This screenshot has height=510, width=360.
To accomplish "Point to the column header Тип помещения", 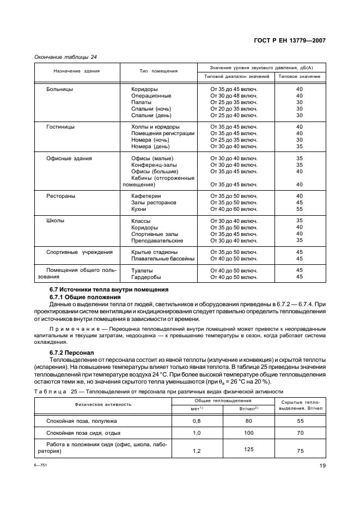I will click(158, 71).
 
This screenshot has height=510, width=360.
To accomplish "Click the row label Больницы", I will click(60, 89).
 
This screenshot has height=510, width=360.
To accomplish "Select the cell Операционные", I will click(151, 95).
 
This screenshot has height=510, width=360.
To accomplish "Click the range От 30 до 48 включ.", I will click(234, 95).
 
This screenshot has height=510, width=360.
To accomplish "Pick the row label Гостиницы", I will click(61, 127).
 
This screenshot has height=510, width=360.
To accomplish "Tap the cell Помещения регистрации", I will click(162, 133).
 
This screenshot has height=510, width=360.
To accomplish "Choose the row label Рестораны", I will click(61, 196).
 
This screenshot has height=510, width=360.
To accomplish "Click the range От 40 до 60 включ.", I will click(234, 209).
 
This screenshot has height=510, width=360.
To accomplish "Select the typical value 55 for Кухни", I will click(299, 209).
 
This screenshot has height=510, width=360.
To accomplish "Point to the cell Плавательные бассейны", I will click(162, 259).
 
